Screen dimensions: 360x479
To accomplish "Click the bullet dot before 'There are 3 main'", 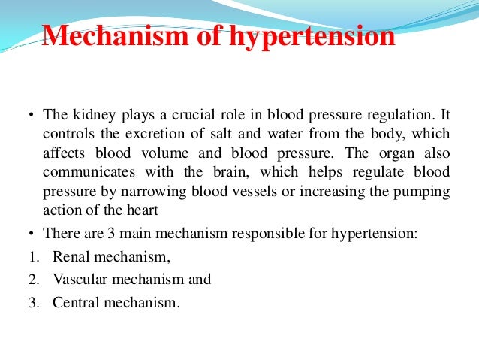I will point(32,234).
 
